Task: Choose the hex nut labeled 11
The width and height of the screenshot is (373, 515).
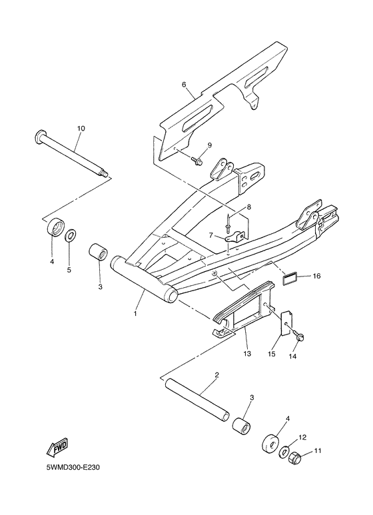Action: point(297,458)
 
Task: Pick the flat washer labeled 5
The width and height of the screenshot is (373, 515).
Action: point(71,236)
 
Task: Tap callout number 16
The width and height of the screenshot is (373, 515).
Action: point(317,274)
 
